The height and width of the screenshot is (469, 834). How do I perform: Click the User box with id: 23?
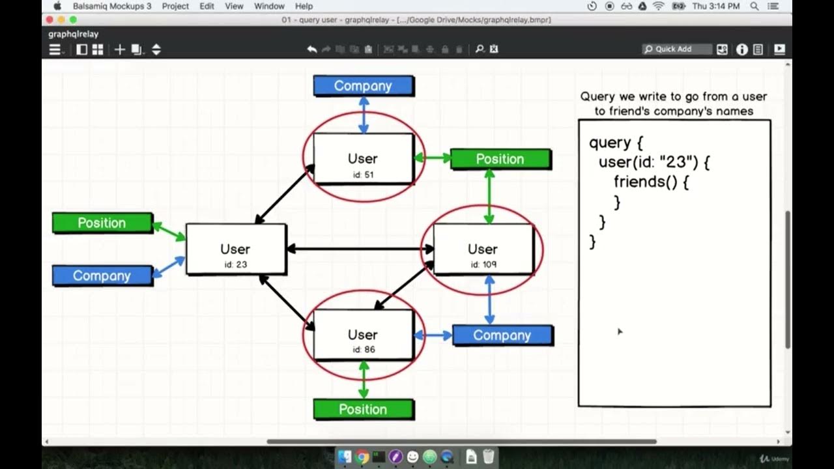[x=235, y=249]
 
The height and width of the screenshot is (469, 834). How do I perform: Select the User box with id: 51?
[x=363, y=159]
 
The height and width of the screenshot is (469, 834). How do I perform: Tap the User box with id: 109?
[x=483, y=249]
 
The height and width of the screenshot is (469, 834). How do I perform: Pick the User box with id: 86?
[x=363, y=335]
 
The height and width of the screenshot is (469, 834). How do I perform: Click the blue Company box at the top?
[x=363, y=86]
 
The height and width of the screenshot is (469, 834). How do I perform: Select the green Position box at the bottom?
[x=363, y=409]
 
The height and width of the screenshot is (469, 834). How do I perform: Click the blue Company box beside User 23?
[x=102, y=276]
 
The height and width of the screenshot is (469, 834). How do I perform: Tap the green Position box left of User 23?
[x=102, y=223]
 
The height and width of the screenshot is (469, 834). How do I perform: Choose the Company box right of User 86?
[x=502, y=335]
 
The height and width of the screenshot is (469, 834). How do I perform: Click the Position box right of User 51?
[x=500, y=159]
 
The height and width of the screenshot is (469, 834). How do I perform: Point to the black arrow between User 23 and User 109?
[x=360, y=249]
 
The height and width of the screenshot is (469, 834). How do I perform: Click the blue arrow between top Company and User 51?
[x=364, y=115]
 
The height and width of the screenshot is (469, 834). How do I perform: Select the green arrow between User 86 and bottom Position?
[x=364, y=379]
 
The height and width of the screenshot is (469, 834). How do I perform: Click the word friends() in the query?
[x=645, y=182]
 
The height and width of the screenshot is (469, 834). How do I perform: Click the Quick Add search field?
[x=678, y=49]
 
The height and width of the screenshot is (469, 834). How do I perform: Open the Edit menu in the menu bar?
[x=207, y=6]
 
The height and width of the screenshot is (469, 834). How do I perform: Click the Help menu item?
[x=304, y=6]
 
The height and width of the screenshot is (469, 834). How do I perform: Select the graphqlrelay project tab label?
[x=74, y=34]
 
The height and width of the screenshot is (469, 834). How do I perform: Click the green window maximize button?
[x=73, y=20]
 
